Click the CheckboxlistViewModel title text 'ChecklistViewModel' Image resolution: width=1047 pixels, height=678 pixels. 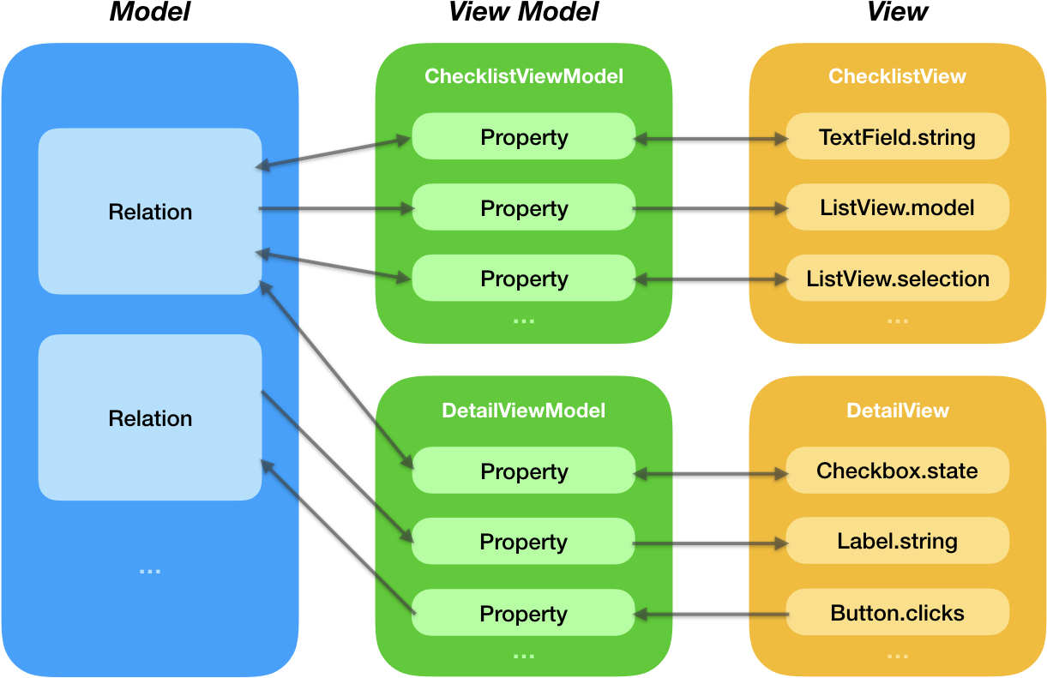pos(524,76)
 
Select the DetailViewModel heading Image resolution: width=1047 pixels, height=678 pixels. pos(524,411)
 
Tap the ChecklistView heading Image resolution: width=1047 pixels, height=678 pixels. pos(897,76)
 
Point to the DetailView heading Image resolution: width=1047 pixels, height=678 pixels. pos(897,411)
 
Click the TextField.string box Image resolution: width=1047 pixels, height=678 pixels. pos(897,137)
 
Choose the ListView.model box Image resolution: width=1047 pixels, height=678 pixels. pos(897,207)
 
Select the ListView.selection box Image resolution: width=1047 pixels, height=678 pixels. pos(897,279)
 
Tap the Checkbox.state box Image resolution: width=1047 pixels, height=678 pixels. pos(897,471)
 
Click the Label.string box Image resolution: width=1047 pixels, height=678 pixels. pos(897,541)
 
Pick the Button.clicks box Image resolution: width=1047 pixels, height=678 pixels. pos(897,613)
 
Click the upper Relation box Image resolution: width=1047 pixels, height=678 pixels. pos(150,212)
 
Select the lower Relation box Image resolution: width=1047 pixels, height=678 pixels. pos(150,418)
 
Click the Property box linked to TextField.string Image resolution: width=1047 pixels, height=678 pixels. pos(524,137)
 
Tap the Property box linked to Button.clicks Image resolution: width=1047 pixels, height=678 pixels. pos(524,614)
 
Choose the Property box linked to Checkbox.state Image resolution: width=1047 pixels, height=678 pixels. pos(524,471)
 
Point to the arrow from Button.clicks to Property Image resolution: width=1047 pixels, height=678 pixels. pos(711,614)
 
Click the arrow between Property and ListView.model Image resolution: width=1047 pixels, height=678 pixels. pos(711,208)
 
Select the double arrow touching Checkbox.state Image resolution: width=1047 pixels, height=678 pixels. pos(711,471)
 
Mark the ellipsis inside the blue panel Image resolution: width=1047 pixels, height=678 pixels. pos(150,571)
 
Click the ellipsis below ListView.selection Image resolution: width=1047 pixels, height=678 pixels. pos(897,321)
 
